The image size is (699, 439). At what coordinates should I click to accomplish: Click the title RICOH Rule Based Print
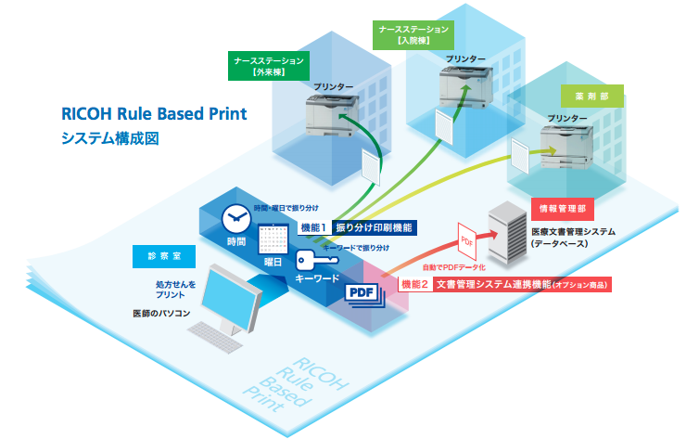(154, 114)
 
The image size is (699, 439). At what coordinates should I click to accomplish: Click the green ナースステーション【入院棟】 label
(414, 34)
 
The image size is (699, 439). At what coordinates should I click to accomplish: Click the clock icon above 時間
(235, 218)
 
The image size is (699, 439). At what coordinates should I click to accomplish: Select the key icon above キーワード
(314, 260)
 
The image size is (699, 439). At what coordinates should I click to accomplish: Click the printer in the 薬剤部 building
(567, 144)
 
